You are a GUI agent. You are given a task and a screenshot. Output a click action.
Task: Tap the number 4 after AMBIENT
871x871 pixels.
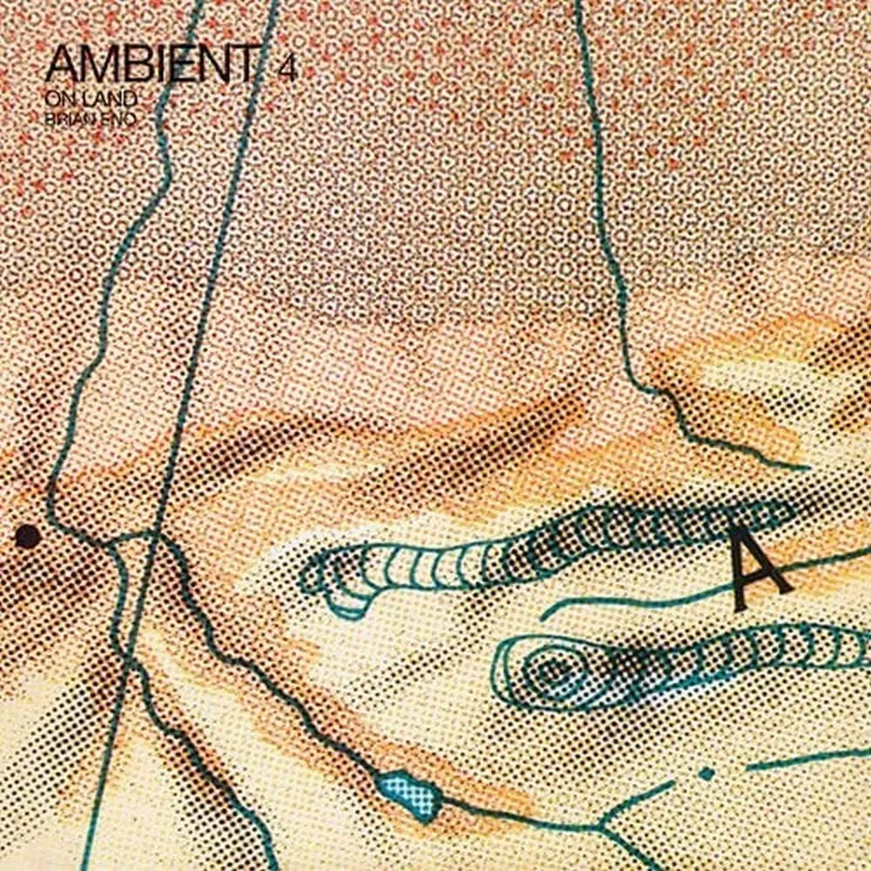click(287, 70)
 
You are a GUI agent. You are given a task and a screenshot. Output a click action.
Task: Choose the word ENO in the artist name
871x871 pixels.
click(121, 120)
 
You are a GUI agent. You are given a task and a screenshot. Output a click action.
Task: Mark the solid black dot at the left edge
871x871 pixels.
click(27, 537)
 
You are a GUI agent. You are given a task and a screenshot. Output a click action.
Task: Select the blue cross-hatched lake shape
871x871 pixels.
click(406, 790)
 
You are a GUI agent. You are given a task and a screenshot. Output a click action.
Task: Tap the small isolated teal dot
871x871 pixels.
click(706, 773)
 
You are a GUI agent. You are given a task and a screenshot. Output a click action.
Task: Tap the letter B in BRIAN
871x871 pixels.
click(51, 120)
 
